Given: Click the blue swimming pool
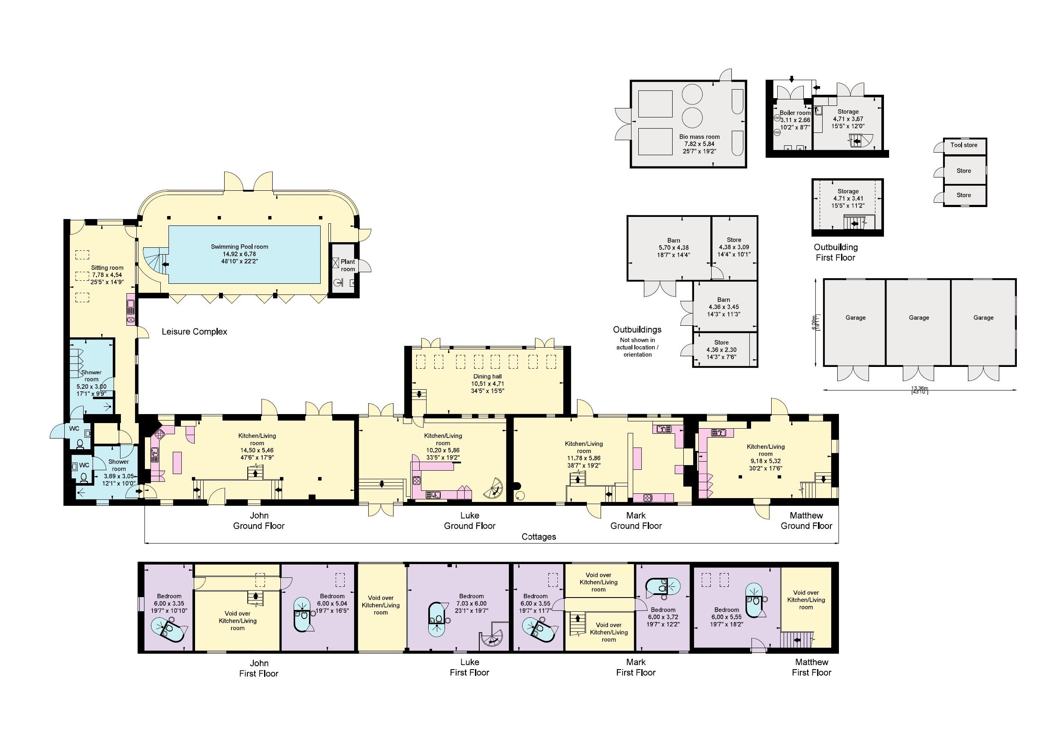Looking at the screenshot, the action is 244,254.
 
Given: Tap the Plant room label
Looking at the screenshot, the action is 348,265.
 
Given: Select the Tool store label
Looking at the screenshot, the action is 964,145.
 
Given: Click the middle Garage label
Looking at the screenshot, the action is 919,318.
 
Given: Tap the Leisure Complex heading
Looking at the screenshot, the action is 194,332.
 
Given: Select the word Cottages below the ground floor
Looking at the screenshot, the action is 539,537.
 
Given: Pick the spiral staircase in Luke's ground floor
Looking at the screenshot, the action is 494,488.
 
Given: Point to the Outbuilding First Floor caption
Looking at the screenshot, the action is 836,252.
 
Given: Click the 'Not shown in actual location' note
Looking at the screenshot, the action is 637,347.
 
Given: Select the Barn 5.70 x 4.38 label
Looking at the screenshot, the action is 674,247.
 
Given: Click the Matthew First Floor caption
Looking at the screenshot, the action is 812,667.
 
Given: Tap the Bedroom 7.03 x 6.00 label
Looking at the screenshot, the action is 471,604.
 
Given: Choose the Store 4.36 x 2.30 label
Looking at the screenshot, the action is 721,350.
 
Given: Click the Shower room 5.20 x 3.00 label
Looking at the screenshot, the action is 92,383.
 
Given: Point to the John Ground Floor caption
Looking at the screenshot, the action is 259,521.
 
